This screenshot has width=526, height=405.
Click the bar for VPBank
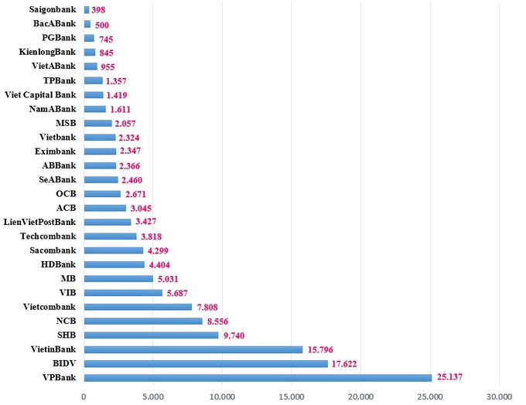258,377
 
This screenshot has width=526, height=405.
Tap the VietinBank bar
193,349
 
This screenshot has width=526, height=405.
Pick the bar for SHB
151,335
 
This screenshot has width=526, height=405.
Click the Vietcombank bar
138,307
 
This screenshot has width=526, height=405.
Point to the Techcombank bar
110,237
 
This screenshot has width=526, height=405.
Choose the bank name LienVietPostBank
40,223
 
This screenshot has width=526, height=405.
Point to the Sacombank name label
53,250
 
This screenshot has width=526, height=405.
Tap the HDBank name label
58,265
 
